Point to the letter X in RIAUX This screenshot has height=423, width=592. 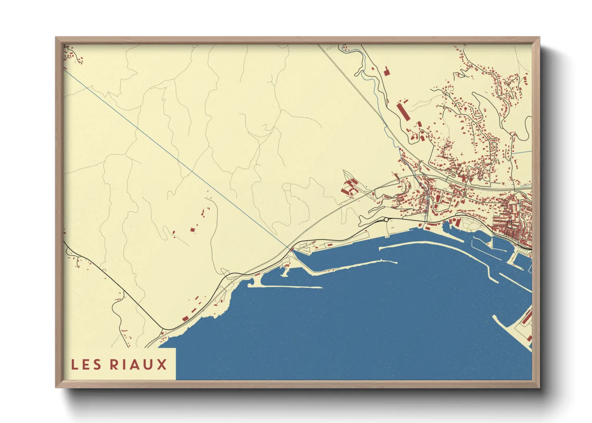tap(162, 365)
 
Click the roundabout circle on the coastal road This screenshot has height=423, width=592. tap(386, 219)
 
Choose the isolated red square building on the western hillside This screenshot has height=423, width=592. tap(192, 229)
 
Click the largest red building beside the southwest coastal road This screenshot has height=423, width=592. tap(185, 318)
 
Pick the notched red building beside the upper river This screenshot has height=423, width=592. tap(386, 72)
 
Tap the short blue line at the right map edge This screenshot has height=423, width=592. tap(522, 152)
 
